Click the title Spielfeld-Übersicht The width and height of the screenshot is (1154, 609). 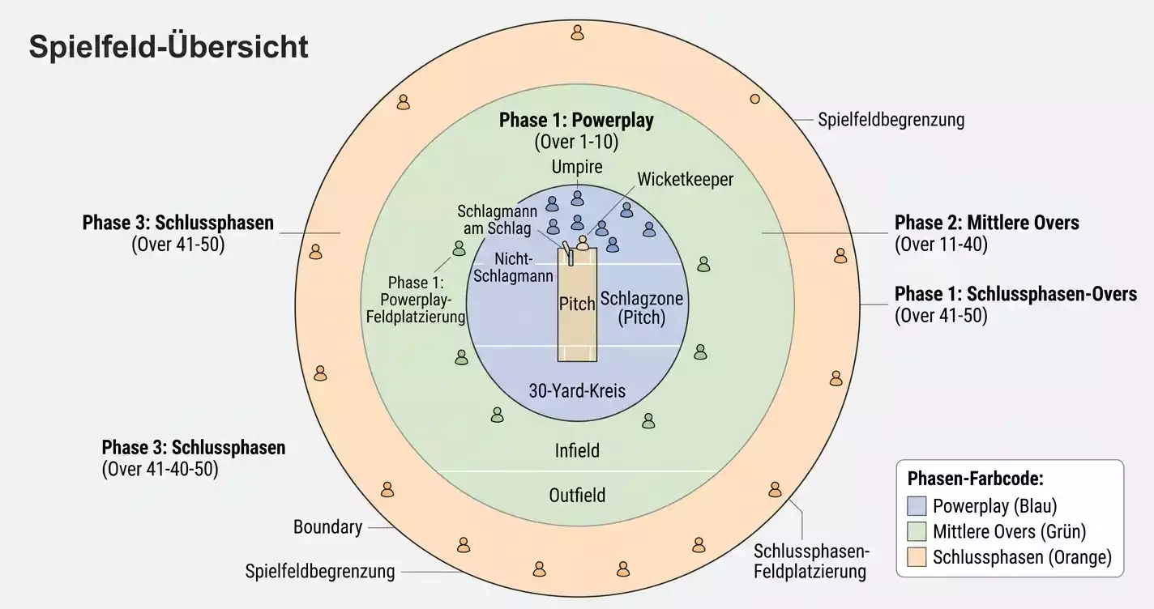tap(169, 47)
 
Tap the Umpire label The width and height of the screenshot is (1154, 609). tap(577, 167)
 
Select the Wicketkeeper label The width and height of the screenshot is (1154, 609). tap(686, 179)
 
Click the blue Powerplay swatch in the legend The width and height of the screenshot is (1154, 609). tap(917, 506)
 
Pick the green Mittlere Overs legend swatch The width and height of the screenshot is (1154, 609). tap(917, 531)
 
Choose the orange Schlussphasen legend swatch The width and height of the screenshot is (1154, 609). tap(917, 557)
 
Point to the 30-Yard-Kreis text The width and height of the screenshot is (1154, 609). tap(577, 390)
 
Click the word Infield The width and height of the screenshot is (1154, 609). tap(577, 450)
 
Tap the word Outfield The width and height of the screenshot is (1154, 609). tap(577, 496)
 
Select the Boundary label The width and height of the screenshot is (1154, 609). tap(327, 527)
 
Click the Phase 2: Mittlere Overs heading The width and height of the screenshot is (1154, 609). tap(986, 223)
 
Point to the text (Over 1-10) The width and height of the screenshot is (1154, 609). tap(576, 142)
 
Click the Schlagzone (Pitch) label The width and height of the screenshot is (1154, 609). tap(641, 308)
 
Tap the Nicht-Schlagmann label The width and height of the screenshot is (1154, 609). tap(513, 267)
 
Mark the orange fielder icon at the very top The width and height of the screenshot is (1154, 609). tap(578, 32)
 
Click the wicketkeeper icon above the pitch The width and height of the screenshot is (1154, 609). tap(583, 242)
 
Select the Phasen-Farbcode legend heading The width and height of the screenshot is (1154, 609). tap(975, 479)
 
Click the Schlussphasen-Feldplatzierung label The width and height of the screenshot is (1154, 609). tap(811, 561)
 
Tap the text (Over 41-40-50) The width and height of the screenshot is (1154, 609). tap(160, 469)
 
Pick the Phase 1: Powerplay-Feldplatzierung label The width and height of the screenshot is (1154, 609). tap(415, 300)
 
